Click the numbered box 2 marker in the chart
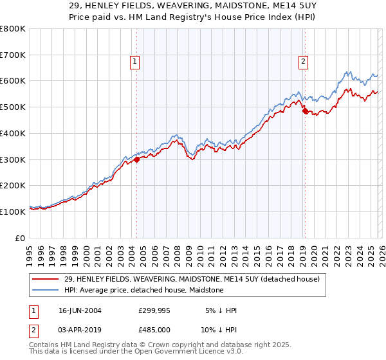pyautogui.click(x=303, y=62)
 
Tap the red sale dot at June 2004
pyautogui.click(x=137, y=160)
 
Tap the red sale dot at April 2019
pyautogui.click(x=305, y=111)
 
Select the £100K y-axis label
pyautogui.click(x=13, y=212)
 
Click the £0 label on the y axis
pyautogui.click(x=21, y=238)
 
